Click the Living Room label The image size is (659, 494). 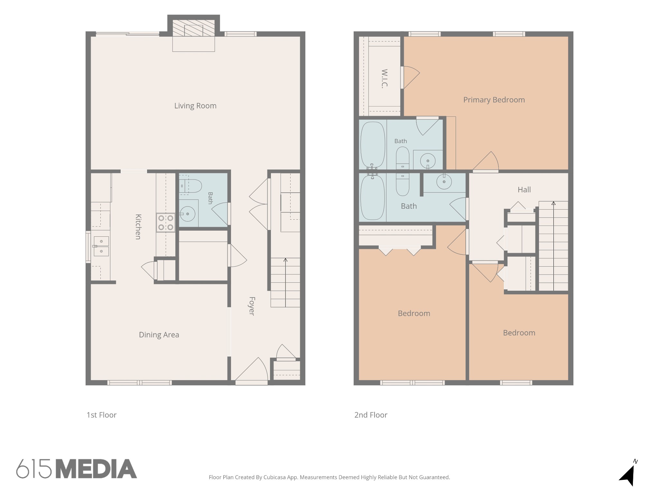195,106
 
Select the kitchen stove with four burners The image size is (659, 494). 166,223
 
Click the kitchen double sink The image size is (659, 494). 101,246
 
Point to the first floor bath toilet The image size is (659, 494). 190,186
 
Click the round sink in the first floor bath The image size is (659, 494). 187,213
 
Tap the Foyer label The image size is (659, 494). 252,306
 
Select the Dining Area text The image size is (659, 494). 159,335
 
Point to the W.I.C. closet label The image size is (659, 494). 384,78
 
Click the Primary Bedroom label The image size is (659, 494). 494,100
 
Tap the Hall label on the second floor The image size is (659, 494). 524,190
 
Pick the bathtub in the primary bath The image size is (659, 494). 373,145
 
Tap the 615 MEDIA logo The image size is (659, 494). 77,469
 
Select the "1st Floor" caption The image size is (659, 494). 101,415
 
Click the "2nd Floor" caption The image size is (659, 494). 371,415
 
